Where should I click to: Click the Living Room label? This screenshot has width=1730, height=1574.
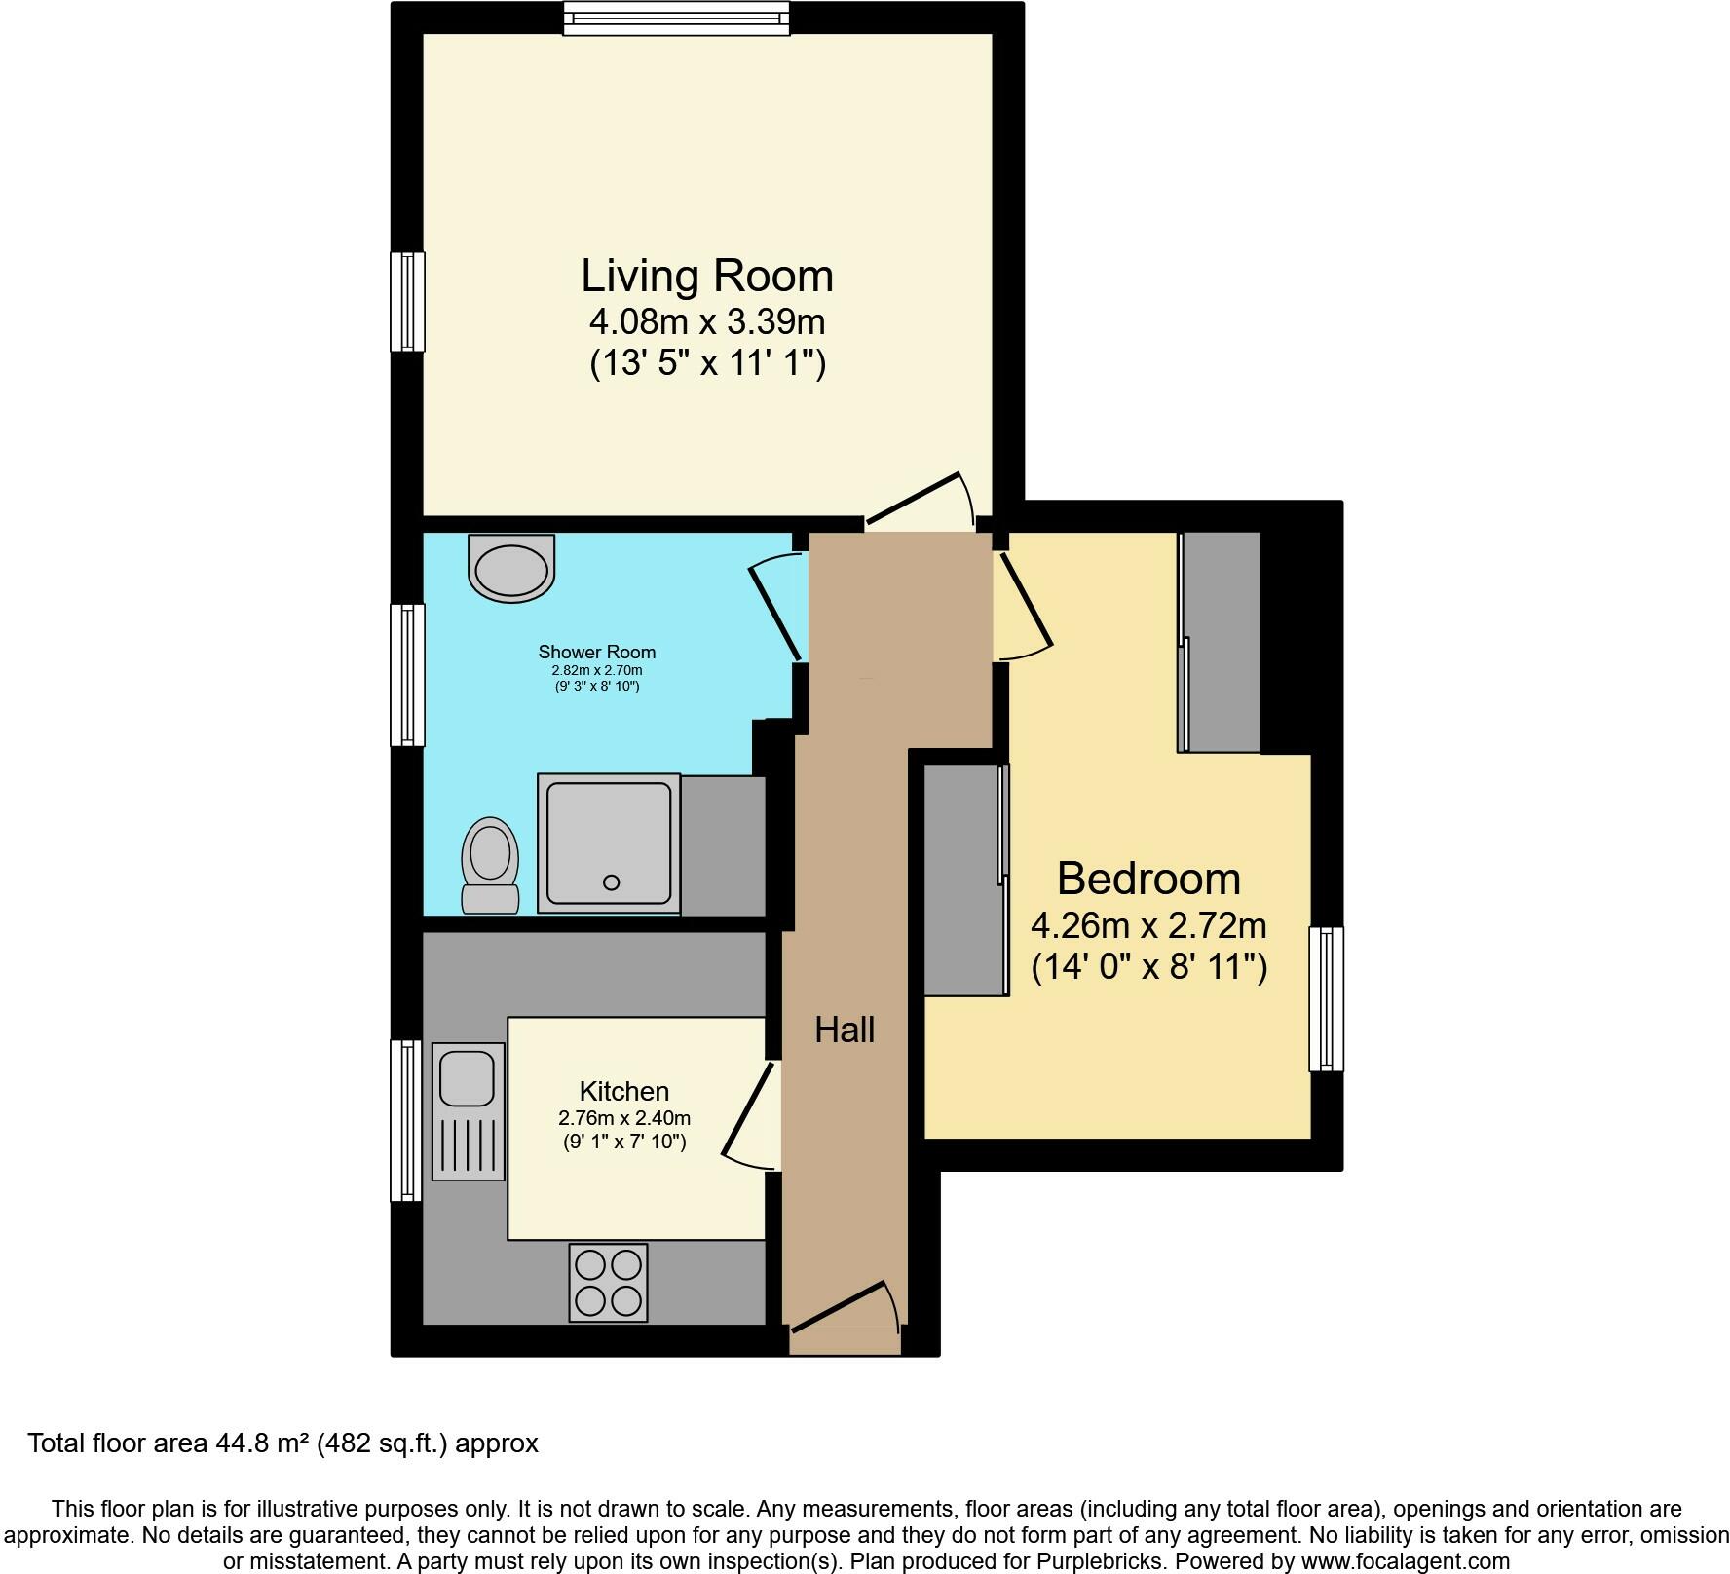[x=707, y=277]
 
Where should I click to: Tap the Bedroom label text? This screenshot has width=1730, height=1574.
[x=1148, y=880]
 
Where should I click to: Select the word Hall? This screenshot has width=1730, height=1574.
[x=845, y=1030]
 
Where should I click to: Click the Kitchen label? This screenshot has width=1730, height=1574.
[x=624, y=1091]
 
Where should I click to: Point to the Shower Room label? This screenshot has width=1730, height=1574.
[x=596, y=652]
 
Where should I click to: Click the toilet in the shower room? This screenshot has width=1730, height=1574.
[x=491, y=865]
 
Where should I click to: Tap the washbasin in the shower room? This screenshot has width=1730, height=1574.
[x=511, y=568]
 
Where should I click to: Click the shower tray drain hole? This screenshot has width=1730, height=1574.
[x=612, y=882]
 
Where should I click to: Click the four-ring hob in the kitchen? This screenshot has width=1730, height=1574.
[x=609, y=1283]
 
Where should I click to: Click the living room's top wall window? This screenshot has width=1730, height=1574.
[x=676, y=18]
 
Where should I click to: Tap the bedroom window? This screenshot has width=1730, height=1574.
[x=1326, y=998]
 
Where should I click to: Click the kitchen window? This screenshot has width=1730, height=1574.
[x=406, y=1120]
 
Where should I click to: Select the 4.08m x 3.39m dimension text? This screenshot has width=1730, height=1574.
[x=707, y=320]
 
